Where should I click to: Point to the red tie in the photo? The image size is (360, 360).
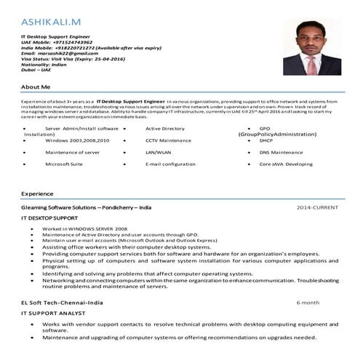[310, 66]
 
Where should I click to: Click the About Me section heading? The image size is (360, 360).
[36, 87]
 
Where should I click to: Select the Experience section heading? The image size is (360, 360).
[37, 194]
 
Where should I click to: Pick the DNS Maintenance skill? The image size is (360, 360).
[281, 152]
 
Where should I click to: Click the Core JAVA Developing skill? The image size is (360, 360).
[285, 164]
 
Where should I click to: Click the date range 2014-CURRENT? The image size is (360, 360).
[317, 208]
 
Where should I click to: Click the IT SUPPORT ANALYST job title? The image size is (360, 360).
[53, 311]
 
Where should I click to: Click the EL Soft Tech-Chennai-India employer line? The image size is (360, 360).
[62, 300]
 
